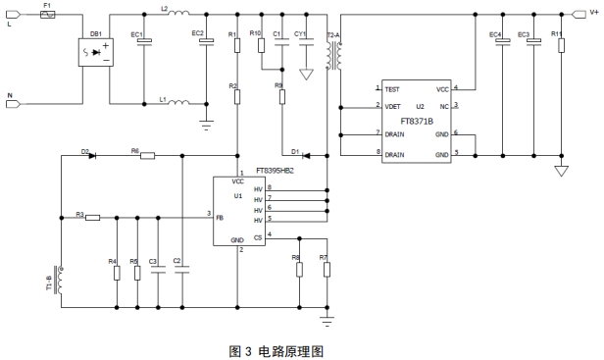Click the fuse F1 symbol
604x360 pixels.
[48, 15]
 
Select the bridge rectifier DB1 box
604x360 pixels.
[96, 52]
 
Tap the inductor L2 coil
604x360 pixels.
[178, 13]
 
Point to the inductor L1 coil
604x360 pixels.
[178, 102]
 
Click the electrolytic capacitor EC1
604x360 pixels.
[144, 41]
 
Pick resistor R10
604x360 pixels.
[262, 45]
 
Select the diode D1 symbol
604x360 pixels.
[307, 156]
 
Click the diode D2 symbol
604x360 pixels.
[92, 156]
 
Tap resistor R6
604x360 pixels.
[147, 156]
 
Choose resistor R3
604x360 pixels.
[92, 218]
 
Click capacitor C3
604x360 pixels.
[158, 270]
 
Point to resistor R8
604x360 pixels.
[299, 270]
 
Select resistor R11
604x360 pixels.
[561, 45]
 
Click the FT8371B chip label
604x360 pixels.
[417, 122]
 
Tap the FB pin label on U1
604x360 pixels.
[220, 218]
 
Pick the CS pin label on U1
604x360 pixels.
[258, 237]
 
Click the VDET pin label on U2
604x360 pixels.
[392, 106]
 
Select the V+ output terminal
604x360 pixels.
[579, 15]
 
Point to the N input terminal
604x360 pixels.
[13, 104]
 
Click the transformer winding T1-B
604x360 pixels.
[61, 280]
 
